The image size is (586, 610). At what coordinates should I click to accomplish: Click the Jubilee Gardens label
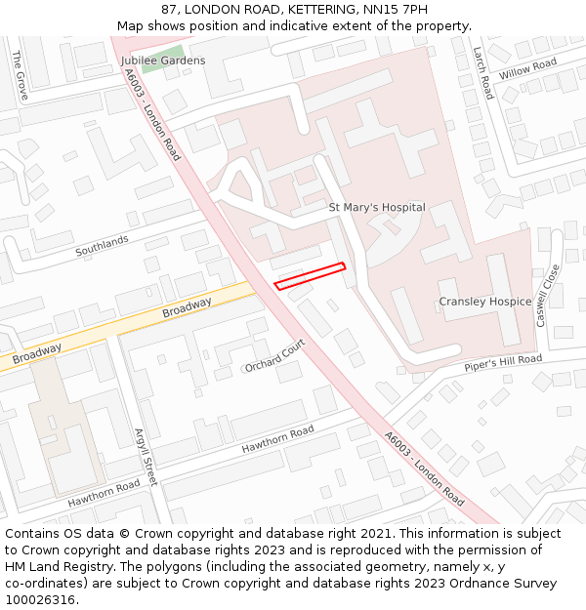[x=163, y=61]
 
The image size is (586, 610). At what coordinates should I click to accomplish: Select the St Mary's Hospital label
[x=376, y=207]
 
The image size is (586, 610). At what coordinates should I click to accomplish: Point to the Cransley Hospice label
[x=484, y=302]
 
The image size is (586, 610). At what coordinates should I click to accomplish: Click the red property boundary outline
[x=311, y=276]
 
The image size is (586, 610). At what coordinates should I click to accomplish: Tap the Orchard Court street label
[x=275, y=356]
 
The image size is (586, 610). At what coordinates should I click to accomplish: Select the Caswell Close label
[x=548, y=295]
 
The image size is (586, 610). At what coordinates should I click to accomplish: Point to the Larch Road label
[x=482, y=72]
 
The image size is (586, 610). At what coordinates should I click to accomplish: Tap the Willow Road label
[x=527, y=69]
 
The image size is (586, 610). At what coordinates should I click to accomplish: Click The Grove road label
[x=20, y=74]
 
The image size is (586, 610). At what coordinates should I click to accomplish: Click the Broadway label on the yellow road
[x=187, y=307]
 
